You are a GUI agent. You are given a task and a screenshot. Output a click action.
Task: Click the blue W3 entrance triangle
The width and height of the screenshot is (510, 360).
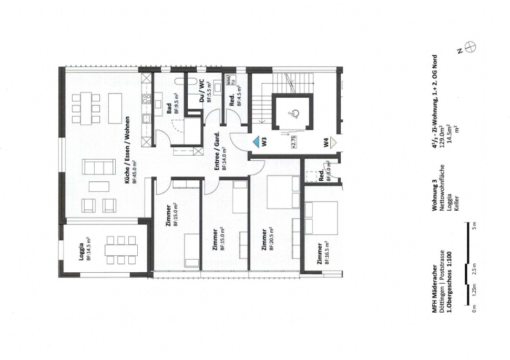pos(257,141)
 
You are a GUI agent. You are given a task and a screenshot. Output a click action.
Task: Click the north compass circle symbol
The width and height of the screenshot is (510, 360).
pos(471,46)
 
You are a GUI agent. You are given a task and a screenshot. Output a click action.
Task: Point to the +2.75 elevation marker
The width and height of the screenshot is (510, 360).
pos(294,142)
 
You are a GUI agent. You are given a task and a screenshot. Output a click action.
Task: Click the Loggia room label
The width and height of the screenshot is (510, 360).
pos(81,252)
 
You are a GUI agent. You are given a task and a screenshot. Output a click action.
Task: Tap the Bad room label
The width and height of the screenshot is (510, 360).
pos(169,109)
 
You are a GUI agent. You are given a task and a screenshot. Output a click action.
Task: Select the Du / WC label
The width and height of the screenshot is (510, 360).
pos(202,94)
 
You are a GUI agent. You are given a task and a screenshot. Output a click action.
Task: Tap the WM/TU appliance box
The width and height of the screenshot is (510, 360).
pos(231,80)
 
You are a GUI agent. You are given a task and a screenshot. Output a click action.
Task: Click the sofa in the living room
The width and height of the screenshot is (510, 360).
pos(99,167)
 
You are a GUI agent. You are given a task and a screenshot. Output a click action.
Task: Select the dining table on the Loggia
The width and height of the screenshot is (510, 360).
pos(121,250)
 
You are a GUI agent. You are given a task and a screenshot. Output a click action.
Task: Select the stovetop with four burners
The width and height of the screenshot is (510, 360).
pos(147,98)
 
